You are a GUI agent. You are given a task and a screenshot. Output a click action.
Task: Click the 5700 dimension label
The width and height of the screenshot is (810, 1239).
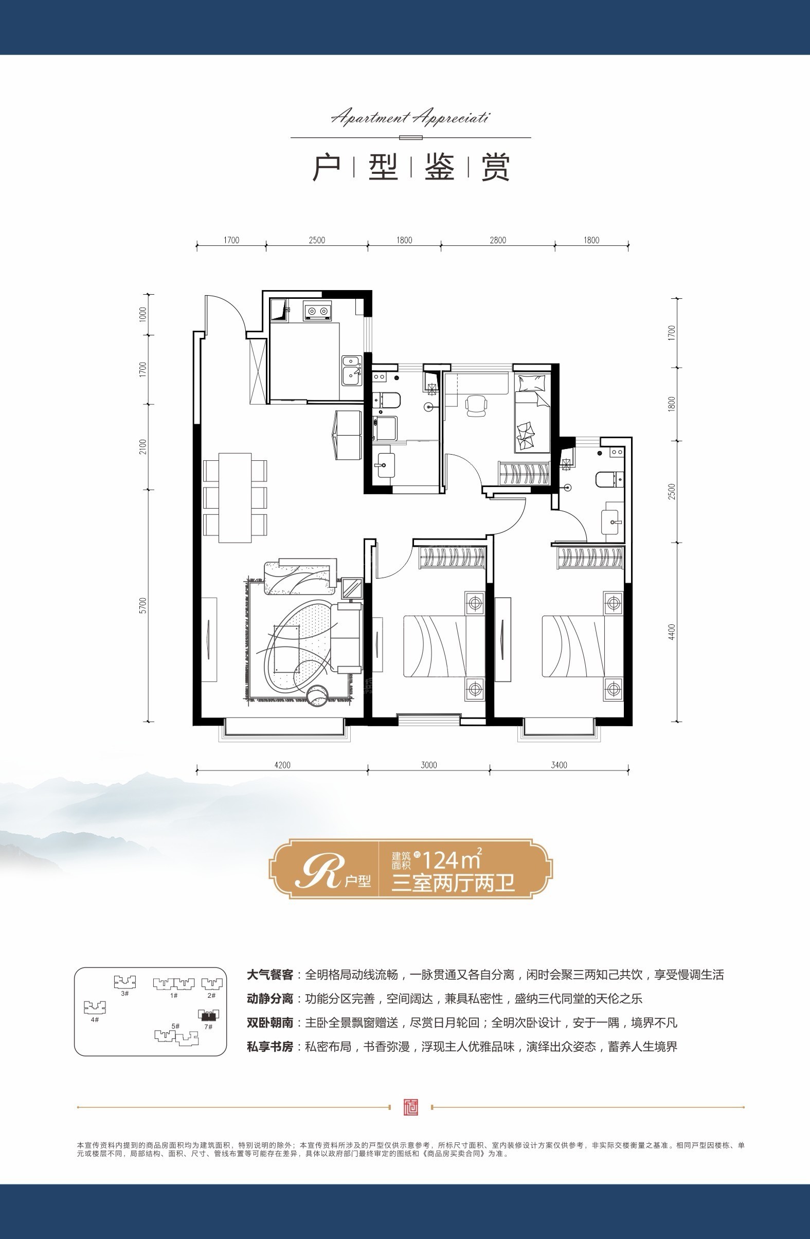[x=143, y=605]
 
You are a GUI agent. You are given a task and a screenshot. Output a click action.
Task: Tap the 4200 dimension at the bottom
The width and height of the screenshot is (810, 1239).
[x=282, y=765]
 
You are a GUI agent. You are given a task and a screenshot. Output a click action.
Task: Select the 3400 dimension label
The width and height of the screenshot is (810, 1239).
[x=559, y=765]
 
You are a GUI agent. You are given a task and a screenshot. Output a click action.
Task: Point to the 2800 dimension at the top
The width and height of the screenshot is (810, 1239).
[x=498, y=240]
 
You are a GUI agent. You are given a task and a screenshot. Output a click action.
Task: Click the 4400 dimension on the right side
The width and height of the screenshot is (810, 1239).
[x=672, y=632]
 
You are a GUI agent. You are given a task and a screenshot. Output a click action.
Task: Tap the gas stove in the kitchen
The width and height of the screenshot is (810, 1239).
[x=317, y=311]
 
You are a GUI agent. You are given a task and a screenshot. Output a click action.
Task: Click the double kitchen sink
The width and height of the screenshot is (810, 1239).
[x=352, y=370]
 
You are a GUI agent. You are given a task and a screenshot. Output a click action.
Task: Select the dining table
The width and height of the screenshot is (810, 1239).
[x=235, y=498]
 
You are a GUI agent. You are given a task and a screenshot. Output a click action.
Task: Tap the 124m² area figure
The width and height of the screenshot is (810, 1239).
[x=451, y=860]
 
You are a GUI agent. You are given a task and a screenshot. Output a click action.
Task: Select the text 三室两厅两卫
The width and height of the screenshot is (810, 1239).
[x=453, y=884]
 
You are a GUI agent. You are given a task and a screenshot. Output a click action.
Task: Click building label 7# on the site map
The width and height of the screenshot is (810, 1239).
[x=208, y=1027]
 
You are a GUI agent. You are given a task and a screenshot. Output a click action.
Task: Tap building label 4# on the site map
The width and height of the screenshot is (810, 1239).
[x=94, y=1019]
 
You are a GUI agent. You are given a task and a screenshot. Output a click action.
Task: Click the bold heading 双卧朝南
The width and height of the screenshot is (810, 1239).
[x=269, y=1022]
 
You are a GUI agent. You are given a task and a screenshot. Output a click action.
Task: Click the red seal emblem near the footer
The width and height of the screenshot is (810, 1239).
[x=411, y=1107]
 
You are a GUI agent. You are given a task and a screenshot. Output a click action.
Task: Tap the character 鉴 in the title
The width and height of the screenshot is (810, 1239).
[x=439, y=167]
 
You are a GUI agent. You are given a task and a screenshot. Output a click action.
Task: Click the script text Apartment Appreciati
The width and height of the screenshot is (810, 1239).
[x=410, y=118]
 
